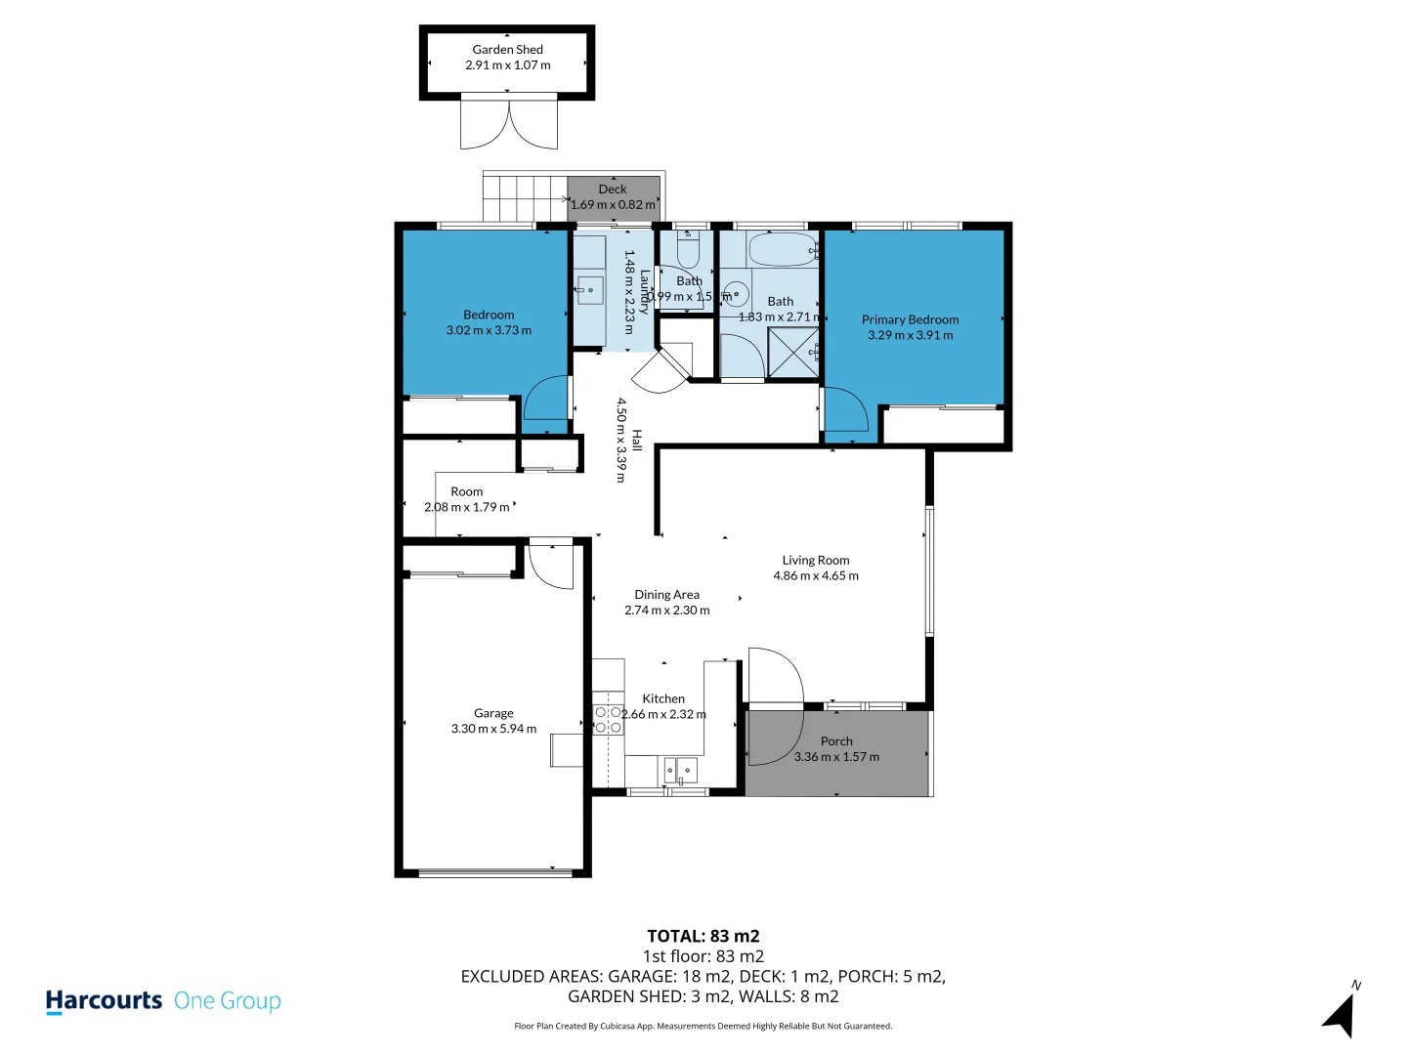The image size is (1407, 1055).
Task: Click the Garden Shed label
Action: tap(507, 50)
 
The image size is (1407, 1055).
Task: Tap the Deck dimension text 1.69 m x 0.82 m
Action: tap(613, 205)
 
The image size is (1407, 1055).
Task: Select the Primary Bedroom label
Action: tap(910, 319)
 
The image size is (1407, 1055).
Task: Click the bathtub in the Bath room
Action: tap(782, 250)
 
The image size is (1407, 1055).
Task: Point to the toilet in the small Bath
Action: tap(688, 251)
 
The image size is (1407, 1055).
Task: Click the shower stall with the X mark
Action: tap(792, 353)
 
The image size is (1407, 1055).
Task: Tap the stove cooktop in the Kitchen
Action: tap(609, 720)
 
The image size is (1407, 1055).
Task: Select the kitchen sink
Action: tap(682, 771)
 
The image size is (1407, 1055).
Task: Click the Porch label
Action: tap(836, 741)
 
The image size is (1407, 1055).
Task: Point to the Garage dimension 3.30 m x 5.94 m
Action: tap(493, 729)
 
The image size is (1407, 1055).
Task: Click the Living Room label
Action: tap(815, 561)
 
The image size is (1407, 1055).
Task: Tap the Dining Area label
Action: tap(666, 595)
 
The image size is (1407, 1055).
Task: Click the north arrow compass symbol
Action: tap(1341, 1014)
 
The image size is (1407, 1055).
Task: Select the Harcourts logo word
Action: tap(104, 1001)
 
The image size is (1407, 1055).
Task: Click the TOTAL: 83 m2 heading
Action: tap(703, 936)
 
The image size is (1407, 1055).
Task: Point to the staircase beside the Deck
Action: tap(525, 198)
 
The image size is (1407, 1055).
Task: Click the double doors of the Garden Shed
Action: tap(509, 125)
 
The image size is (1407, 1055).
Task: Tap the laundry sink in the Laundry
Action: tap(589, 290)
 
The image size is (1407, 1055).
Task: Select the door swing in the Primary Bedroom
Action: tap(844, 410)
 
